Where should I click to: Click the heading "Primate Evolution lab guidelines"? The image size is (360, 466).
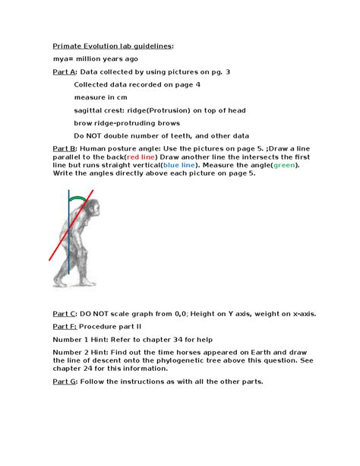tap(112, 46)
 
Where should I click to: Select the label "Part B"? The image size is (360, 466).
tap(65, 148)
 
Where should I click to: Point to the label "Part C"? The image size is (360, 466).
tap(65, 313)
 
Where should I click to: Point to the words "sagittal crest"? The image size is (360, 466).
tap(99, 110)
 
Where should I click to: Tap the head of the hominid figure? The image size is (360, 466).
tap(93, 207)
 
